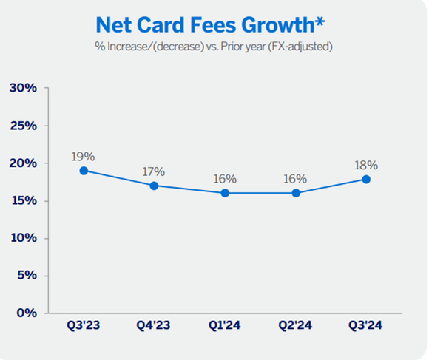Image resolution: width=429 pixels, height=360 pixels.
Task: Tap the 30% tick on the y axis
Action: (x=23, y=88)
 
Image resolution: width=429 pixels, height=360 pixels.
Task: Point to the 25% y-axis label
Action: (x=23, y=126)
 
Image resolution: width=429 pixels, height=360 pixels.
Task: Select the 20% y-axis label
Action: (x=23, y=163)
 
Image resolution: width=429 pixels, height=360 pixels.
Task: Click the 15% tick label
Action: (x=23, y=201)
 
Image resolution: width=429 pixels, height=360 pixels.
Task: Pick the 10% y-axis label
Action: (x=23, y=238)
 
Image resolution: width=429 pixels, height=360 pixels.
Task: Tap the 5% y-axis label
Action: (x=26, y=276)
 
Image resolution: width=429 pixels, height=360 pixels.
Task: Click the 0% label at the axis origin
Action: (x=26, y=313)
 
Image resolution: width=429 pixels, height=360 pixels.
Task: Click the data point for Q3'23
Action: (x=84, y=171)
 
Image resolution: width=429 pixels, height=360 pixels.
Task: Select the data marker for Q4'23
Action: (x=154, y=186)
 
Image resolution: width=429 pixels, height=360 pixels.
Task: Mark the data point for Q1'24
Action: (x=225, y=193)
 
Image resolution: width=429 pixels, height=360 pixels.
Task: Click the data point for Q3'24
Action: (x=366, y=178)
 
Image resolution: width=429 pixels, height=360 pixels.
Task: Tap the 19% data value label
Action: (x=84, y=157)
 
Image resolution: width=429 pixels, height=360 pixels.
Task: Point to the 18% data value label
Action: (x=366, y=164)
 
